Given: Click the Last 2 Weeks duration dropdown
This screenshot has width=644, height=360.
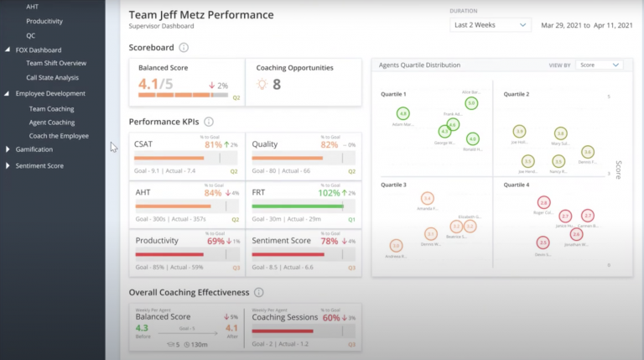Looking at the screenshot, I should [490, 25].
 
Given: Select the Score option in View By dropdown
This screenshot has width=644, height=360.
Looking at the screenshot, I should [599, 65].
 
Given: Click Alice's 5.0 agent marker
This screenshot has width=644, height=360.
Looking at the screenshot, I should [471, 103].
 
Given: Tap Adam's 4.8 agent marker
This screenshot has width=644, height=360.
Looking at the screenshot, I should [403, 113].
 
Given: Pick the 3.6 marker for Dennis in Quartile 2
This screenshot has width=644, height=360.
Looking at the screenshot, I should [588, 152].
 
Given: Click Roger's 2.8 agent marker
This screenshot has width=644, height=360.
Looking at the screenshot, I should [543, 202].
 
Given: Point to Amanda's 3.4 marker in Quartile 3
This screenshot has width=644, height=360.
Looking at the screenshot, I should [428, 199].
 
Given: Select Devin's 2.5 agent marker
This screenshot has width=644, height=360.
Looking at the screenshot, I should [543, 243].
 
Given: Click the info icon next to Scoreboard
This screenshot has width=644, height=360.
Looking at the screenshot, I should [184, 48].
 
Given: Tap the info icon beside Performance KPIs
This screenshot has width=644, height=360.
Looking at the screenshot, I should [209, 122].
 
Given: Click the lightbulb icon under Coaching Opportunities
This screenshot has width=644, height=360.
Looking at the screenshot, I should [262, 85].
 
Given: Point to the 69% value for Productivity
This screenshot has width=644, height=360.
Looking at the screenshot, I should [216, 241].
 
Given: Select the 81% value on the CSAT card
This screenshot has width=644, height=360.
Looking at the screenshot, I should [213, 145].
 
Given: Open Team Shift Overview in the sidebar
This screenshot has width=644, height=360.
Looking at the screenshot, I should [56, 63].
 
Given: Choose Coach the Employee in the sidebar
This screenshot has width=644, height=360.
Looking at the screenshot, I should [59, 136].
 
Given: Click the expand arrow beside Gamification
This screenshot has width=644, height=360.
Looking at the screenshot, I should [8, 149].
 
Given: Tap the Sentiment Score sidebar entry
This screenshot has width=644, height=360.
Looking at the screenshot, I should [39, 165].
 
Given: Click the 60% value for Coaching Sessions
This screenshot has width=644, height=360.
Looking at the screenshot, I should [331, 318].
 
